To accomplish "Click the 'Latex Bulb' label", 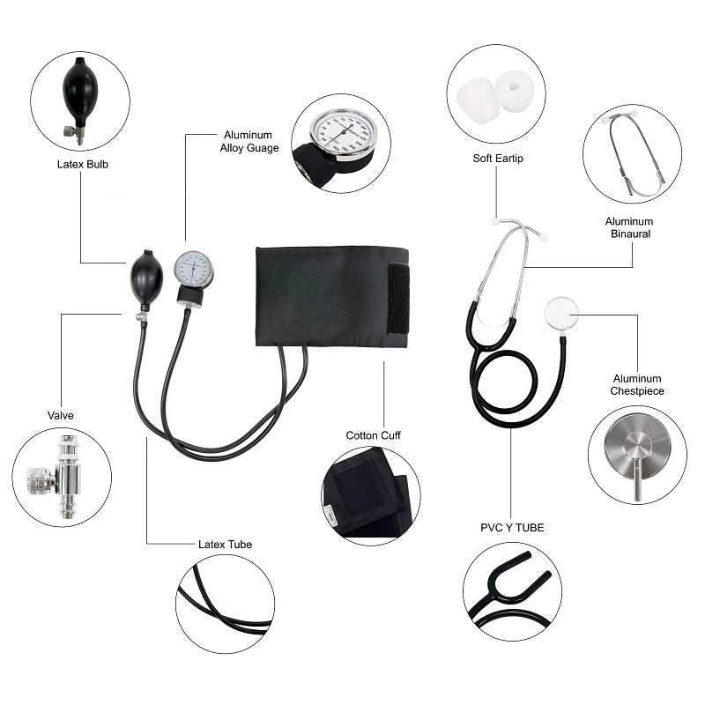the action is (83, 165).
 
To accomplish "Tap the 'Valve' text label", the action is (60, 415).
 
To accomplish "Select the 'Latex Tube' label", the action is (226, 545).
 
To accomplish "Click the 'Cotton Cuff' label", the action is (373, 435).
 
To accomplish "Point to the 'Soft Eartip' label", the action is (498, 159).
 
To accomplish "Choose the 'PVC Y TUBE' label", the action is (512, 527).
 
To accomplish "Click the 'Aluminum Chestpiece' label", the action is (637, 385).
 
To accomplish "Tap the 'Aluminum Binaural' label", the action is (629, 227).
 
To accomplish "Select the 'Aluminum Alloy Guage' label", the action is (249, 141).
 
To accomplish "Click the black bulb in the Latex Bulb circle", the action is (79, 93).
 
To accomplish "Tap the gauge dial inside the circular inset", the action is (344, 133).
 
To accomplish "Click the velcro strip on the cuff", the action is (399, 299).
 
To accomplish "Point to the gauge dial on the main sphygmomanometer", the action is (193, 269).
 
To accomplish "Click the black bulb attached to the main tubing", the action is (146, 278).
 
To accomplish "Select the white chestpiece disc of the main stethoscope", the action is (561, 314).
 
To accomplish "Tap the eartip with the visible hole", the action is (515, 92).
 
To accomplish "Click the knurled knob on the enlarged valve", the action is (41, 480).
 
